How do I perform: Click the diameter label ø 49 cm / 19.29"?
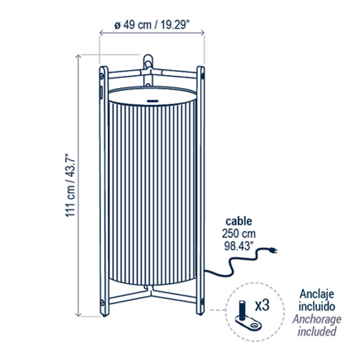click(x=152, y=25)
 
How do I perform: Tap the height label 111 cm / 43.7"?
click(x=70, y=185)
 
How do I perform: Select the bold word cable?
click(x=239, y=221)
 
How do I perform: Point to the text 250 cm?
click(x=239, y=234)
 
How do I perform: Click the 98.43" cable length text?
click(x=237, y=246)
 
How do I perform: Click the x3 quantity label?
click(x=262, y=305)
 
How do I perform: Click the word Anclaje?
click(x=317, y=294)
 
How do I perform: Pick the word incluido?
click(x=317, y=307)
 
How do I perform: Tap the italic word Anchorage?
click(x=317, y=319)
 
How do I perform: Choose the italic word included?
click(x=317, y=332)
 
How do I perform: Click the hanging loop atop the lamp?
click(x=148, y=61)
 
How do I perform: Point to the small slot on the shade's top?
click(x=153, y=101)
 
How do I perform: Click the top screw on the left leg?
click(x=102, y=76)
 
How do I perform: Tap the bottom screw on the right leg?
click(x=203, y=301)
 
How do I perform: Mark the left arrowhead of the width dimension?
click(x=101, y=33)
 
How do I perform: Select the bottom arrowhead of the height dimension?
click(x=78, y=315)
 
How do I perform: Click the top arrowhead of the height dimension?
click(x=78, y=57)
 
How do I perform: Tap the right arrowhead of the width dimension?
click(x=203, y=33)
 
